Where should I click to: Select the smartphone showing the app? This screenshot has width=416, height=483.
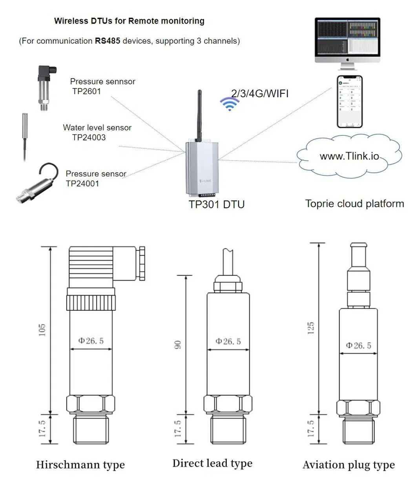coord(350,102)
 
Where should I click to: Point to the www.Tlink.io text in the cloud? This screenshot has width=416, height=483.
coord(349,156)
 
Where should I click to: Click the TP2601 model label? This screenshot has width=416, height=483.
coord(87,91)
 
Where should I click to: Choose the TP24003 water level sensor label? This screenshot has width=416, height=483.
coord(89,137)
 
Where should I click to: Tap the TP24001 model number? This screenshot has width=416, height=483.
coord(82,184)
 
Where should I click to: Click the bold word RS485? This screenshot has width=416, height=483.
coord(108,41)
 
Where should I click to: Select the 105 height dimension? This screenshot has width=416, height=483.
coord(42,330)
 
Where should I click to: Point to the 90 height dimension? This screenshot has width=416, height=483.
coord(178,344)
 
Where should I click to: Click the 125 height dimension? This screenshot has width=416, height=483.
coord(311,328)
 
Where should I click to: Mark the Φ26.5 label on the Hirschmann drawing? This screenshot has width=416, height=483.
coord(91,341)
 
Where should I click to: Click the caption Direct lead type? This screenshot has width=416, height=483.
coord(212,463)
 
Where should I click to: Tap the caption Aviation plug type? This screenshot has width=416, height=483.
coord(348,465)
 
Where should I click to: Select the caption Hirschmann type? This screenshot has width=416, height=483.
coord(80,465)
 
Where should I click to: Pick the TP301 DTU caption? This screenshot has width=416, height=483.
coord(217,204)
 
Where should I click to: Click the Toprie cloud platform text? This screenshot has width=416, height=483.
coord(354,204)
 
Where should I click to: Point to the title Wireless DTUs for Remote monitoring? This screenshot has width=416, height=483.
coord(129,21)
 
